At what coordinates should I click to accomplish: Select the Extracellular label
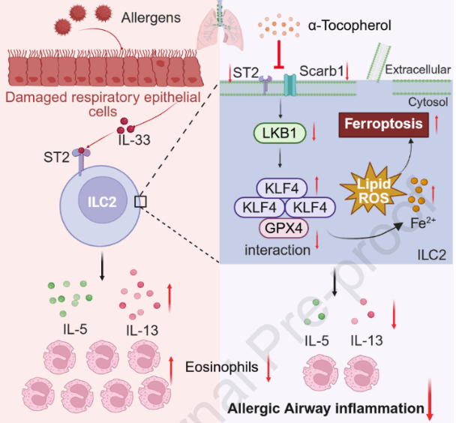tap(417, 70)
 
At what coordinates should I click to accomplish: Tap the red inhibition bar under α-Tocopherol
tap(279, 59)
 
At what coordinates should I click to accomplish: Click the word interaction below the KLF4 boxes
tap(278, 249)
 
